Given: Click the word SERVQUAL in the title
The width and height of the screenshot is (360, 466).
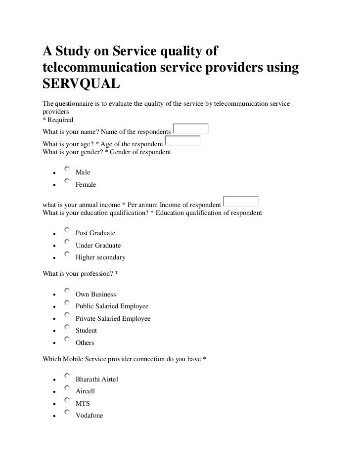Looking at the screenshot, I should (x=82, y=85).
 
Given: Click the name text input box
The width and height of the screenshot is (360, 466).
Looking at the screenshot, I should (x=191, y=129).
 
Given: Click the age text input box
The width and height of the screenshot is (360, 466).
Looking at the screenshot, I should (x=182, y=141).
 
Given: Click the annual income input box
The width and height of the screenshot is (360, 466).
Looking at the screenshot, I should (x=241, y=201).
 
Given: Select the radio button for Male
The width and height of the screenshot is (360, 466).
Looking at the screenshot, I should (x=67, y=169).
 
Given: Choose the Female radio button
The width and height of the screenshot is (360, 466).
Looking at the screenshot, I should (x=67, y=181).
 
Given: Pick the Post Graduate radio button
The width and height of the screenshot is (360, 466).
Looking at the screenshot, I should (x=67, y=229).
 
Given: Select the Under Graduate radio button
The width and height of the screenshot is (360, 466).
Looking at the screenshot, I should (x=67, y=242).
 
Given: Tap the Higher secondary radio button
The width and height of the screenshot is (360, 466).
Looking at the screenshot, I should (x=67, y=254).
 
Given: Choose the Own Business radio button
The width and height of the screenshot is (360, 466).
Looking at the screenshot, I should (x=67, y=291).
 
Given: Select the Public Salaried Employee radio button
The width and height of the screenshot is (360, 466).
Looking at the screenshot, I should (x=67, y=302).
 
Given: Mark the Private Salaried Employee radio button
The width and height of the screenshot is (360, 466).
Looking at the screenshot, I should (x=67, y=315).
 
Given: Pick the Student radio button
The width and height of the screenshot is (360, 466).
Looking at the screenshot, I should (x=67, y=327).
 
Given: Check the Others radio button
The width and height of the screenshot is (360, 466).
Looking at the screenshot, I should (x=67, y=339).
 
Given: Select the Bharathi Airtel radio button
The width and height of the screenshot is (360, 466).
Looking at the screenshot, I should (x=67, y=376).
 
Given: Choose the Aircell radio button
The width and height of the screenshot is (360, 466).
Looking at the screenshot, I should (x=67, y=387).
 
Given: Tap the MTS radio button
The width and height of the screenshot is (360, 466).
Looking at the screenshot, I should (x=67, y=400).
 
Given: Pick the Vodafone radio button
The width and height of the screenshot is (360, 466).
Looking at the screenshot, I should (x=67, y=412).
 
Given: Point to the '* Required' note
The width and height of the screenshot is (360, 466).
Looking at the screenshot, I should (x=58, y=120).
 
